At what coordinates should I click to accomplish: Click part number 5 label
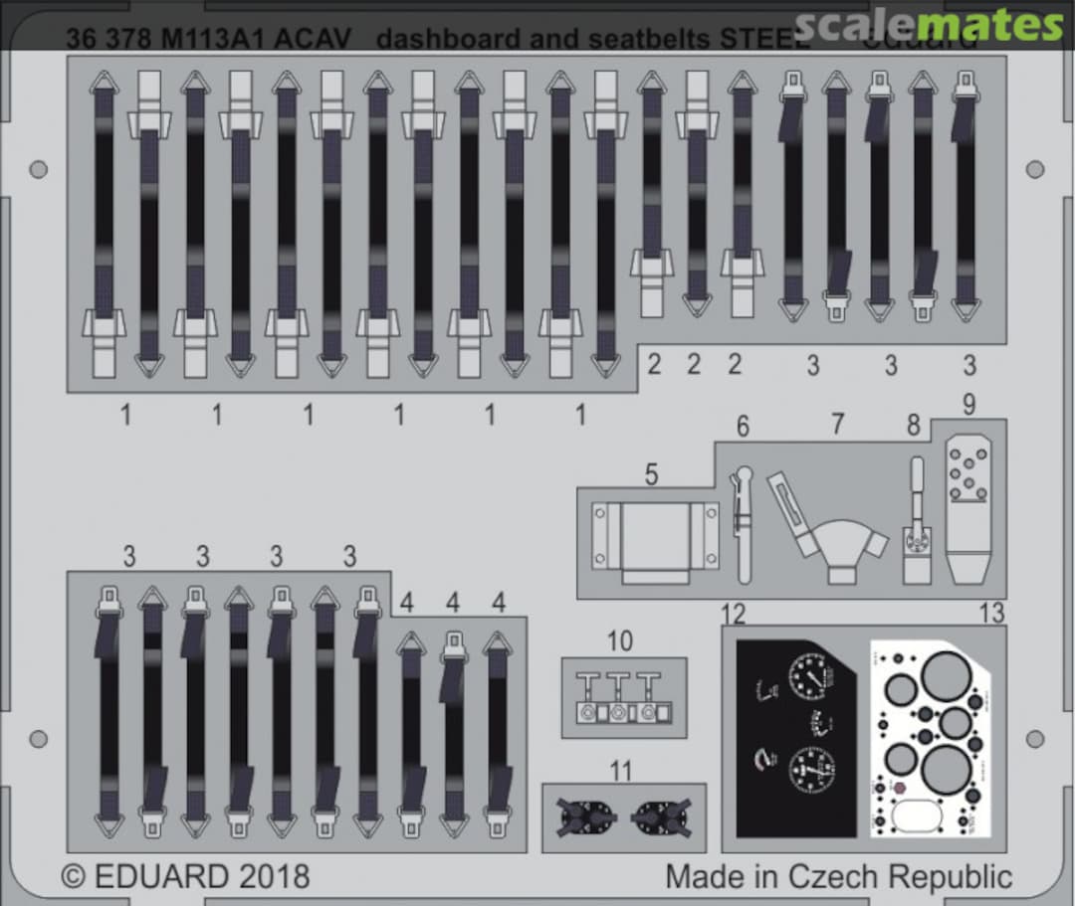[651, 474]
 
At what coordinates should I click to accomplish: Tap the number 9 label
[968, 405]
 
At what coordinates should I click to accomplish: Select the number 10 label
[619, 641]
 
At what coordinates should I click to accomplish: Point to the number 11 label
[620, 771]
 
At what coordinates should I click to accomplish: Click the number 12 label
[734, 614]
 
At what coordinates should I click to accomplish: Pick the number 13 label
[991, 614]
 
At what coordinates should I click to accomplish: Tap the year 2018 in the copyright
[274, 877]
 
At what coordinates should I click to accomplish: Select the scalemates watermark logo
[931, 24]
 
